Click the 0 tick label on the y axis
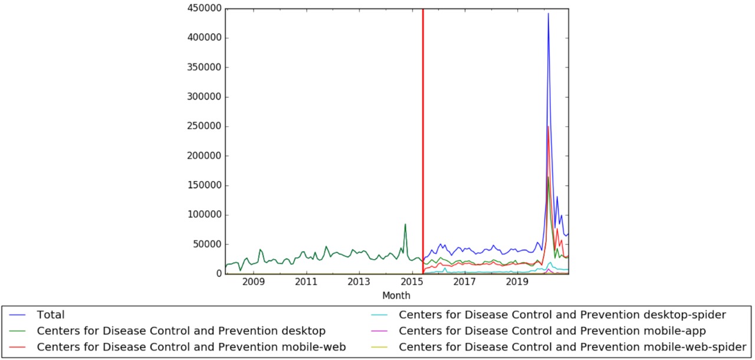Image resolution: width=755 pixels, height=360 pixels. pyautogui.click(x=219, y=274)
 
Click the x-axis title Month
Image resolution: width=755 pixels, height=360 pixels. pyautogui.click(x=396, y=296)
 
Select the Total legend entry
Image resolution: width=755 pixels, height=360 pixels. pyautogui.click(x=51, y=315)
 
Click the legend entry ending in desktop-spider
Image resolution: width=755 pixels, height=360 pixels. pyautogui.click(x=562, y=315)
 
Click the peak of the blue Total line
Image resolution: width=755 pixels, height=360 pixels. pyautogui.click(x=549, y=14)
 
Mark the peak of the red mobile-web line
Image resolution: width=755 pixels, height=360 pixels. pyautogui.click(x=549, y=126)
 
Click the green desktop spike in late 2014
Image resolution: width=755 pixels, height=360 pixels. pyautogui.click(x=405, y=224)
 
